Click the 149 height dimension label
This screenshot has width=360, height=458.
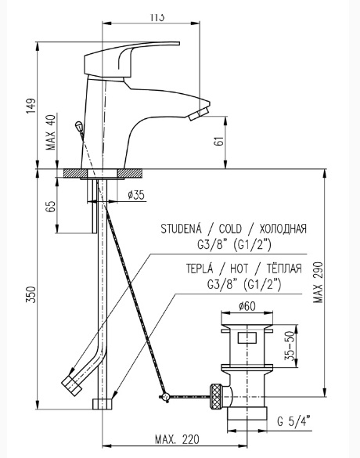click(31, 106)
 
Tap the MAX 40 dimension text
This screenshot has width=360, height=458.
click(50, 132)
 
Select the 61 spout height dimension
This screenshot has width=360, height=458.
click(220, 141)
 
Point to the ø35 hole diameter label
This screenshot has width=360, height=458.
click(136, 195)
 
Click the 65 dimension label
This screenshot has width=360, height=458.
click(51, 207)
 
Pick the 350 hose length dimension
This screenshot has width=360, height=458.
click(31, 294)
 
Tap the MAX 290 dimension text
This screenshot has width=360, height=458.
click(319, 282)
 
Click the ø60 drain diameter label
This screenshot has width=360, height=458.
click(247, 306)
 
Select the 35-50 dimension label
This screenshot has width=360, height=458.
click(289, 346)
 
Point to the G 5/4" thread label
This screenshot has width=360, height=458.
click(293, 421)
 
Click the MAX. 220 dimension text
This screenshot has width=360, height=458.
click(177, 439)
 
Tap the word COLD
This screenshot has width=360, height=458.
click(230, 229)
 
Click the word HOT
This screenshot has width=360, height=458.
click(239, 269)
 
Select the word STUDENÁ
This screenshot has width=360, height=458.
click(182, 228)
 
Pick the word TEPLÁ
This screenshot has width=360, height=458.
click(200, 268)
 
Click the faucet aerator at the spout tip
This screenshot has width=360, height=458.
click(199, 114)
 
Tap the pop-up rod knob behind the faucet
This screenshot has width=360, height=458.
click(78, 126)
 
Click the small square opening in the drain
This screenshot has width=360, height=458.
click(247, 337)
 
